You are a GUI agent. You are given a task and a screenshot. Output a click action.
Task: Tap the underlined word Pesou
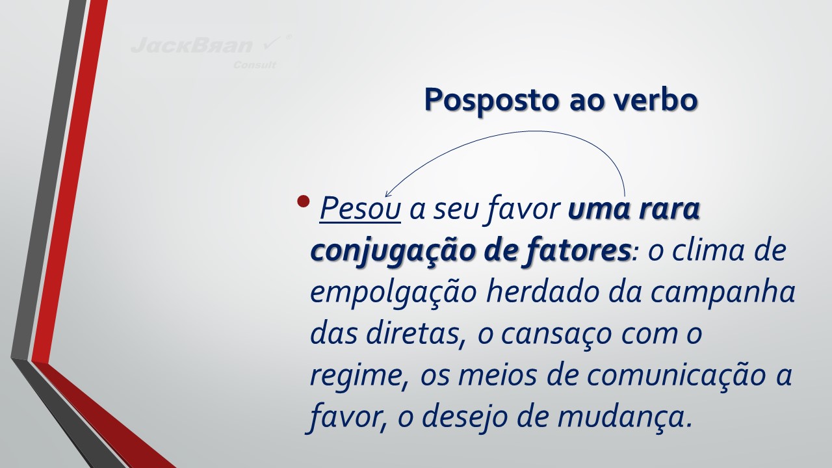[x=360, y=209]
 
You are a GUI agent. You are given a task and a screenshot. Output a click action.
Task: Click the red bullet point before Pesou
[x=304, y=201]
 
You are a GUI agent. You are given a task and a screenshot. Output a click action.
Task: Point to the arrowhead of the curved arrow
[x=387, y=194]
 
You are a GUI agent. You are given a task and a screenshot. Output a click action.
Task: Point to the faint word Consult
[x=255, y=65]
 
